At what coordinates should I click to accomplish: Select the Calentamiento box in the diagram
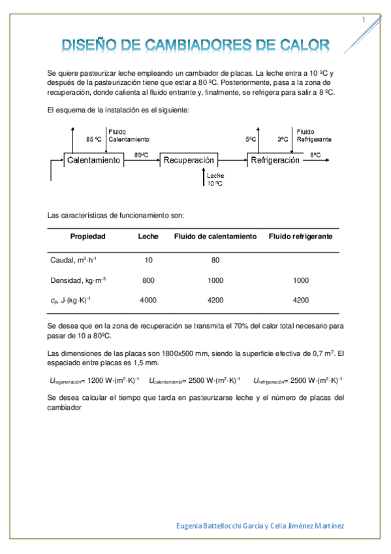tap(93, 160)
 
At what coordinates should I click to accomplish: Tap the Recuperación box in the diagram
tap(189, 160)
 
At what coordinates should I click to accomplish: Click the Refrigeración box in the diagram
tap(275, 160)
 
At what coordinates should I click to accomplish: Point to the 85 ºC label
tap(94, 140)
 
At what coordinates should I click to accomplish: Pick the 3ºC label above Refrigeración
tap(282, 139)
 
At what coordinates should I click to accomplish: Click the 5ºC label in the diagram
tap(251, 139)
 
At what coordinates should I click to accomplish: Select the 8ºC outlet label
tap(315, 155)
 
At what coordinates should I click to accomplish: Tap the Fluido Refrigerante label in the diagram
tap(313, 135)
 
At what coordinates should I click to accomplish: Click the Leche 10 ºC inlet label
tap(215, 180)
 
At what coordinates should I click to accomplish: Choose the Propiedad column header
tap(88, 236)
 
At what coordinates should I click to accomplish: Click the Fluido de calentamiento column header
tap(215, 236)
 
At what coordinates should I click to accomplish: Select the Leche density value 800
tap(148, 280)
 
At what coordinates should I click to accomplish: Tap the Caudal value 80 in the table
tap(215, 260)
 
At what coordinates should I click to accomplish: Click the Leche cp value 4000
tap(148, 301)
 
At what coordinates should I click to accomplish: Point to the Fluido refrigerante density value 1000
tap(300, 280)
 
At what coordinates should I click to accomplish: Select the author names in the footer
tap(261, 527)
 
